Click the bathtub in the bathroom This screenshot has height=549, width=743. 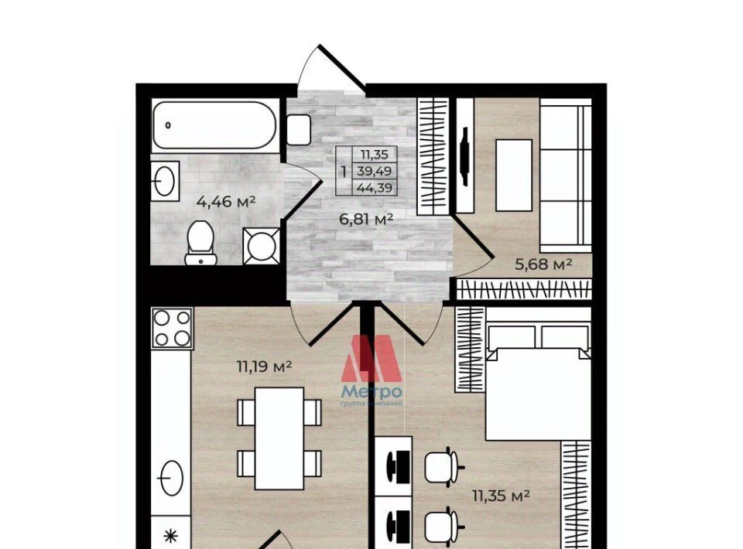coord(214,125)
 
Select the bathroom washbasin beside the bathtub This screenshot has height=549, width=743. coord(166,180)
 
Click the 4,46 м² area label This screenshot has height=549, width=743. coord(226,202)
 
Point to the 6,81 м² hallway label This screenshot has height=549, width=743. coord(366,219)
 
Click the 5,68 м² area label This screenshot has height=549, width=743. coord(543,264)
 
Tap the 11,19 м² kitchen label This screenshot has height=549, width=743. coord(264,366)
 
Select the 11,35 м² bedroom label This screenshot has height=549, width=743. coord(501,496)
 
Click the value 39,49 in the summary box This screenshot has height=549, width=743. coord(374,171)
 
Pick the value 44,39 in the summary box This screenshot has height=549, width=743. coord(375,188)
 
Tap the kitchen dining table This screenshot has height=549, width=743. coord(279,438)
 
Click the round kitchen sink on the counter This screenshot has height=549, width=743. coord(171,478)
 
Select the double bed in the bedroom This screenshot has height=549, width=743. coord(538,374)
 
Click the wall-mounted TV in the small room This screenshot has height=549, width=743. coord(465,156)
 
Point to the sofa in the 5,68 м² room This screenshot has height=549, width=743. coord(566,176)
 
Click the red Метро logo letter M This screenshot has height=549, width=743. coord(372,358)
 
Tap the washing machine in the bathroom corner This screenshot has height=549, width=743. coord(261,246)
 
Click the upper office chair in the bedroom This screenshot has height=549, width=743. coord(442,468)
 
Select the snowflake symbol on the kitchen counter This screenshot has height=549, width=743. coord(170,536)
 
